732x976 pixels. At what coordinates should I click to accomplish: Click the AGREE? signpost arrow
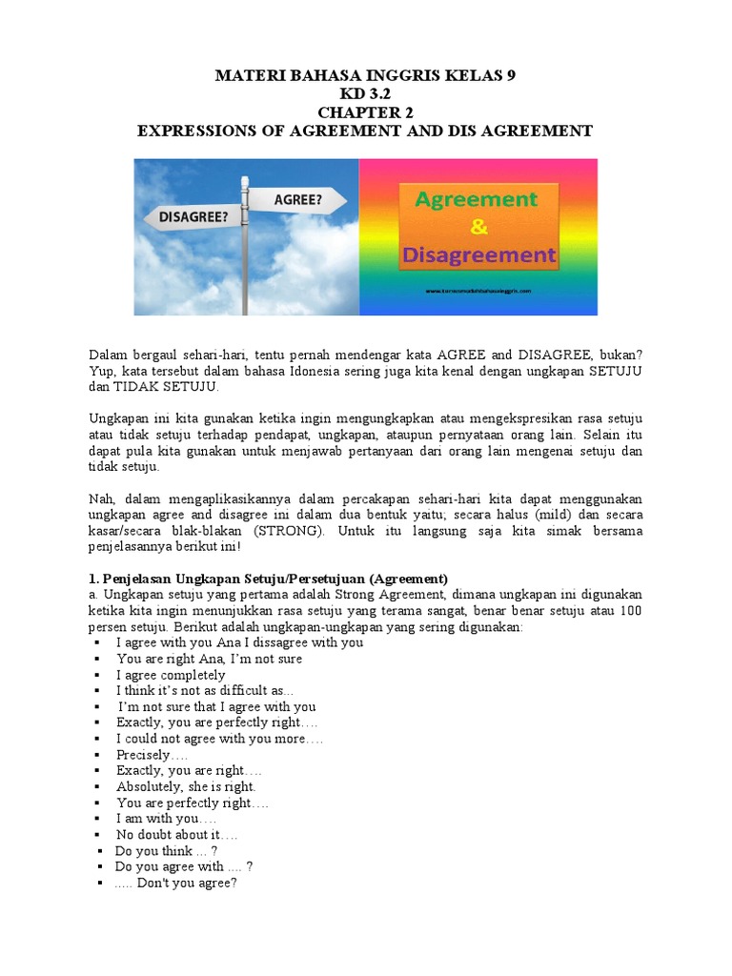coord(296,200)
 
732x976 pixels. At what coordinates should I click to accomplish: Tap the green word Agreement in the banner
coord(477,200)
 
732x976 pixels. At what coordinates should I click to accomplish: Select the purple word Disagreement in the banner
coord(478,254)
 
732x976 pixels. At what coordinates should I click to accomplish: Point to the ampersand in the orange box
coord(478,227)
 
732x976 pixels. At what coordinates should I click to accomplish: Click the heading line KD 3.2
coord(366,94)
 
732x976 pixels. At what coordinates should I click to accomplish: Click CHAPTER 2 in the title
coord(366,112)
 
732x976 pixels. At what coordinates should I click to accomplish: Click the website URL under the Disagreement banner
coord(477,290)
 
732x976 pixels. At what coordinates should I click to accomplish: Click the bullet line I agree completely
coord(171,675)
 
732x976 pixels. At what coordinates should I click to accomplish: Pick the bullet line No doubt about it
coord(176,835)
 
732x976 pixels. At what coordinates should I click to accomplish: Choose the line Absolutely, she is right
coord(186,787)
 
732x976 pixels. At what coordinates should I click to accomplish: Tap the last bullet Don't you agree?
coord(175,884)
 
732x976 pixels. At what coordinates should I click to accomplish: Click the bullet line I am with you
coord(166,819)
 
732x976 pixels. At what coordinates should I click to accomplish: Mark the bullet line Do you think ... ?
coord(166,851)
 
